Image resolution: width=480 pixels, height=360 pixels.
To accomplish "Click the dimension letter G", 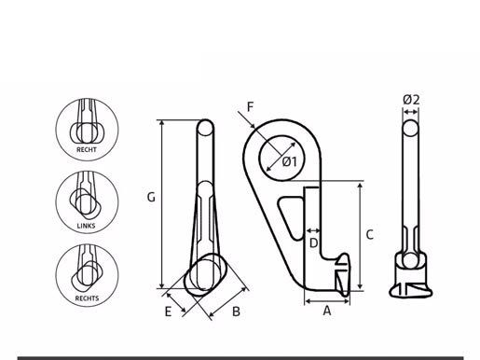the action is (x=151, y=197).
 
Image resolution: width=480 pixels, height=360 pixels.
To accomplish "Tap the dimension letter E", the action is (x=168, y=312).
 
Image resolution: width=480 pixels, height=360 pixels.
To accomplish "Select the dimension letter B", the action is (x=236, y=312).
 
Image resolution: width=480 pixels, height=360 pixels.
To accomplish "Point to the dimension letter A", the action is (x=327, y=311).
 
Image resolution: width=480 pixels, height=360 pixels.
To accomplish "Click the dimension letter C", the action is (x=369, y=235).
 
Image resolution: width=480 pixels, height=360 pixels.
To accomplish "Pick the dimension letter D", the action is (x=314, y=242).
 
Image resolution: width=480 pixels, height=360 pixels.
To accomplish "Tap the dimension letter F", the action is (x=250, y=107).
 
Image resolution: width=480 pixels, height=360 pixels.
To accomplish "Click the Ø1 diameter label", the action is (x=290, y=161).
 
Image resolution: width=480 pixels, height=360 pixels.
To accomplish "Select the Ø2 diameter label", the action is (x=411, y=100).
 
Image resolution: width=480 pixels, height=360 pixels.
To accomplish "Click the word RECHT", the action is (x=87, y=149).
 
